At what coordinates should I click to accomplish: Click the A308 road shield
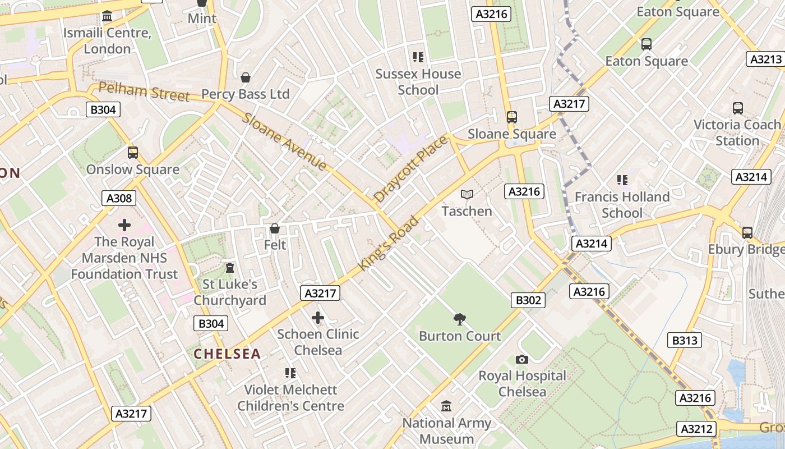pos(119,198)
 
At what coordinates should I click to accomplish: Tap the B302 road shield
pos(528,300)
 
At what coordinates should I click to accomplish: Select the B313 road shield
pos(685,340)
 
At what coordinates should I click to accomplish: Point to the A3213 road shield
pos(765,59)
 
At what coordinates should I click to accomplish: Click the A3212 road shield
pos(696,429)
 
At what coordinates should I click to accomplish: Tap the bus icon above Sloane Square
pos(512,117)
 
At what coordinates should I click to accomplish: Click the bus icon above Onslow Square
pos(133,153)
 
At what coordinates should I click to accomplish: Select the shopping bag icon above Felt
pos(275,228)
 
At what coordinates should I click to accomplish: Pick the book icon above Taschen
pos(467,195)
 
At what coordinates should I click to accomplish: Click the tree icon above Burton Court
pos(460,319)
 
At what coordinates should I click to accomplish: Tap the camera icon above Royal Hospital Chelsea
pos(522,359)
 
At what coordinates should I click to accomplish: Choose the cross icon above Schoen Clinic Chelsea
pos(318,318)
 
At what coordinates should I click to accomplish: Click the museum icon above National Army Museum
pos(446,406)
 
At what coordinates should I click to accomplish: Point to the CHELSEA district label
pos(227,354)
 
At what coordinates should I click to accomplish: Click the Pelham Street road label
pos(144,92)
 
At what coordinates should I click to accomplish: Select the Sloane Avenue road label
pos(284,141)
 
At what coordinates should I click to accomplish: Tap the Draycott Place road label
pos(411,168)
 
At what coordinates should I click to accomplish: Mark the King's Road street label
pos(390,243)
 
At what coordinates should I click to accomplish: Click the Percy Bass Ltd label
pos(245,94)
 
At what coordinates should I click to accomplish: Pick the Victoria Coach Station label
pos(737,132)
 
